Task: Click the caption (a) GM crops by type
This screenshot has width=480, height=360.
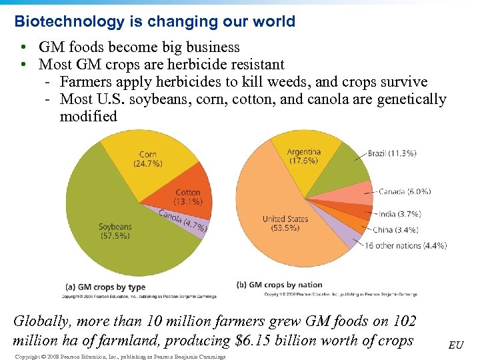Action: tap(106, 287)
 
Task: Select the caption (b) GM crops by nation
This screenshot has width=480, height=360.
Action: tap(279, 285)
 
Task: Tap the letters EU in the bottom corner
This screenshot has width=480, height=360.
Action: tap(456, 345)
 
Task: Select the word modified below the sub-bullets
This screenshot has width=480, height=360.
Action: tap(88, 116)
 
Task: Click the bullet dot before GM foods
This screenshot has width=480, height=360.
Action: tap(23, 47)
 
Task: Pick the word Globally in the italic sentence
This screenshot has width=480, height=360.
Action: tap(42, 321)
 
